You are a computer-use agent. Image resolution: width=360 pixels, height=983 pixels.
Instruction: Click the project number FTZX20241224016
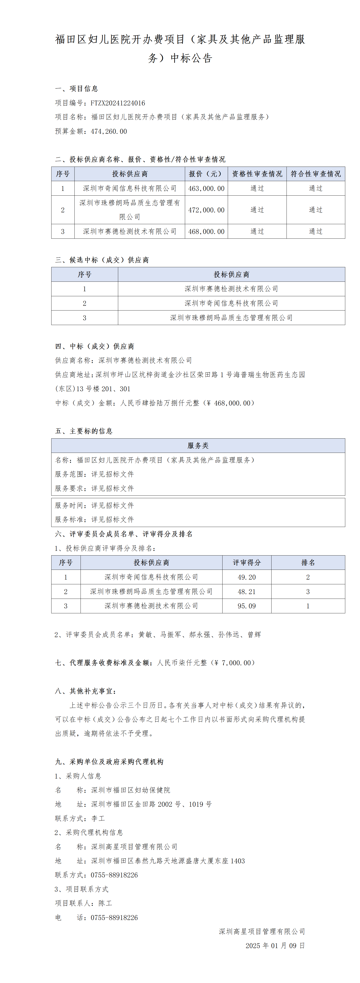point(118,103)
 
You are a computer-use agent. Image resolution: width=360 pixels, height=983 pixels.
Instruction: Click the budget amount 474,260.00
point(109,131)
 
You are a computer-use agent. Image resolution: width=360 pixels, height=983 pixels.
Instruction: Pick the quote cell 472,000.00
point(206,210)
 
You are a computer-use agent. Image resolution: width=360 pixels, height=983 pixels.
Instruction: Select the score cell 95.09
point(247,606)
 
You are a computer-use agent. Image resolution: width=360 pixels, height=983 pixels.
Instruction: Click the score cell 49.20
point(247,577)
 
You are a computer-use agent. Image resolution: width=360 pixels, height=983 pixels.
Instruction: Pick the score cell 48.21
point(247,592)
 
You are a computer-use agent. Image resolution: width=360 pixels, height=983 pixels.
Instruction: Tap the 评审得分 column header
point(247,563)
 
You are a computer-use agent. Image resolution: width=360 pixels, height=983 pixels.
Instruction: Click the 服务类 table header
point(198,446)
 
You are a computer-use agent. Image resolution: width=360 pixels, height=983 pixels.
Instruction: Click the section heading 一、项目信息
point(77,89)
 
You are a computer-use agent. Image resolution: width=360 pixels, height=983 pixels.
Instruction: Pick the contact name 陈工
point(105,903)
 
